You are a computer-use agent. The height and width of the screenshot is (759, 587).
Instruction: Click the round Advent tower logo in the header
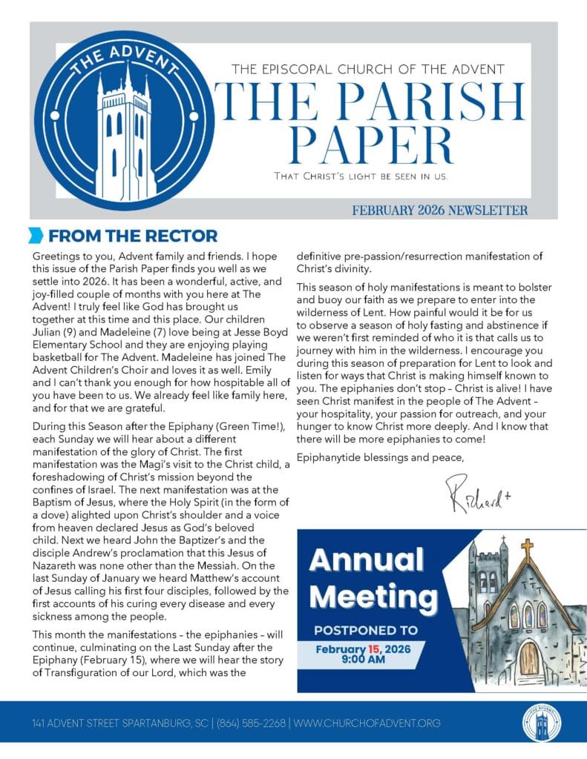pos(124,121)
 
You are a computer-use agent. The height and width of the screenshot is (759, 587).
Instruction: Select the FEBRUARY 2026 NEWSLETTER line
pos(440,211)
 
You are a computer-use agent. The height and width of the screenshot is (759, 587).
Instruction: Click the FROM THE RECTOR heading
pos(133,236)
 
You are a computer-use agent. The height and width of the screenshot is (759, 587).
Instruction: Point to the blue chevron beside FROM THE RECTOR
pos(35,236)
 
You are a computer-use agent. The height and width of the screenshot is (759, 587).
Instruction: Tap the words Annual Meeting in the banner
pos(373,578)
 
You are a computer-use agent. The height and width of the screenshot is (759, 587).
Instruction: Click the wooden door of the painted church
pos(529,658)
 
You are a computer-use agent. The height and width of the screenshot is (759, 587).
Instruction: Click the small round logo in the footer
pos(542,723)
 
